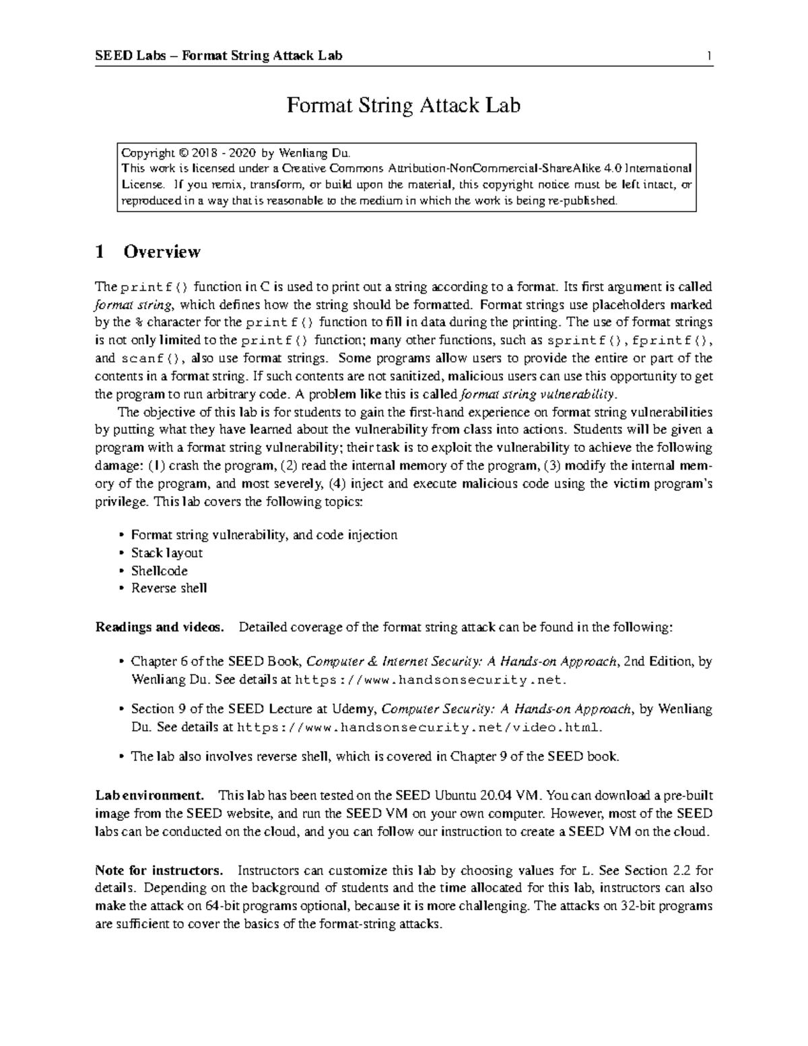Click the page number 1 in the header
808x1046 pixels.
pyautogui.click(x=709, y=55)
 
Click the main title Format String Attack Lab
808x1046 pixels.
pyautogui.click(x=403, y=106)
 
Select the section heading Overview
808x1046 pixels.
pyautogui.click(x=162, y=252)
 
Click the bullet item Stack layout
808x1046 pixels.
pyautogui.click(x=166, y=553)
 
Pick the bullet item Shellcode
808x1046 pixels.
pyautogui.click(x=159, y=570)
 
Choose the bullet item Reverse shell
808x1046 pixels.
pyautogui.click(x=168, y=588)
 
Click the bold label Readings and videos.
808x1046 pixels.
pyautogui.click(x=160, y=628)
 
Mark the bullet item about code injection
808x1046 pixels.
pyautogui.click(x=264, y=535)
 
